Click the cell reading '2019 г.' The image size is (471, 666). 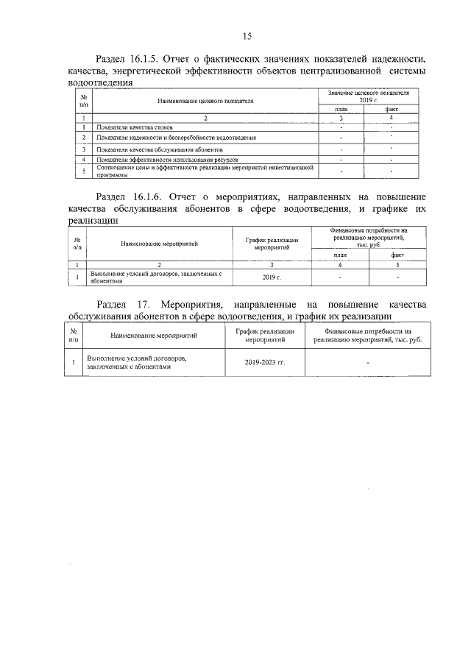pyautogui.click(x=272, y=277)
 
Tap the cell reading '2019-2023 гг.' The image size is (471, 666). pyautogui.click(x=270, y=362)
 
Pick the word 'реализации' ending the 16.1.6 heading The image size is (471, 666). pyautogui.click(x=91, y=220)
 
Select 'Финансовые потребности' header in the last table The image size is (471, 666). pyautogui.click(x=367, y=336)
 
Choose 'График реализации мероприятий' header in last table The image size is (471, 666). pyautogui.click(x=270, y=336)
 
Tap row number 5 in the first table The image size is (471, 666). pyautogui.click(x=85, y=171)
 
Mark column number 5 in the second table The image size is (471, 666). pyautogui.click(x=397, y=264)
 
